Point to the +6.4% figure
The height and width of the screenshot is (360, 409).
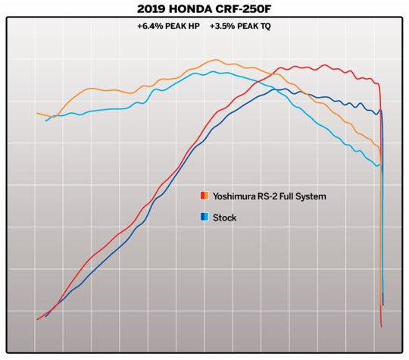148,26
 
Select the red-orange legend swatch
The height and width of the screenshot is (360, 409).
204,196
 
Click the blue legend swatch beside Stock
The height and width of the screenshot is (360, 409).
204,218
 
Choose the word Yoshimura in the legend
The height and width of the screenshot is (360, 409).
233,196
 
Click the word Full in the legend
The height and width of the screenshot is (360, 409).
291,196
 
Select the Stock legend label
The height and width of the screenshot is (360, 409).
224,218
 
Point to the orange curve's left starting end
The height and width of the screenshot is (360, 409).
37,113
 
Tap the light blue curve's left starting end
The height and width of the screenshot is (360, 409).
46,121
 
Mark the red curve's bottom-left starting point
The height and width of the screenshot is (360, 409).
37,320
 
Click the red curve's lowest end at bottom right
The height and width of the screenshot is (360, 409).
382,327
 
